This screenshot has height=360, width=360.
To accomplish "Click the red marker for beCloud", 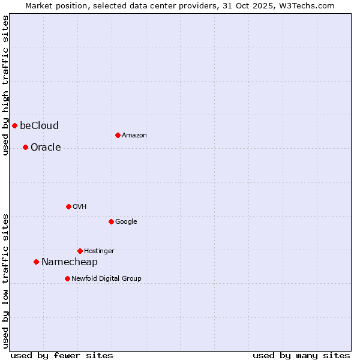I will click(14, 125).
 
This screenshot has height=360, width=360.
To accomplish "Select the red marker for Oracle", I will click(25, 147).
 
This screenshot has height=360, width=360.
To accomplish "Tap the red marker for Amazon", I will click(118, 135).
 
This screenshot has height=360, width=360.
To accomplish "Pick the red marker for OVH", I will click(68, 206).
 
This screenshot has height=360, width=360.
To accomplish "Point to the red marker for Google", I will click(111, 221).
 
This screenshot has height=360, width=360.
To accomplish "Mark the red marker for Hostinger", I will click(80, 251).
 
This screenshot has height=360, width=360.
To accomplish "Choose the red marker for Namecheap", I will click(36, 262).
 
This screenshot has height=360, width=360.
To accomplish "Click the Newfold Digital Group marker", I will click(67, 278).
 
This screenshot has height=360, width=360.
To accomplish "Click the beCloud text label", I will click(39, 125).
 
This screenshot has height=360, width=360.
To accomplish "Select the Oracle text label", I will click(46, 147).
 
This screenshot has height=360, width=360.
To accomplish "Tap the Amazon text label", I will click(134, 135).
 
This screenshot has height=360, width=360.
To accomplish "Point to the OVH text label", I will click(80, 206).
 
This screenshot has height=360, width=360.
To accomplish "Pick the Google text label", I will click(126, 221).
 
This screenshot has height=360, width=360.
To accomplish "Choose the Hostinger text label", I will click(99, 251).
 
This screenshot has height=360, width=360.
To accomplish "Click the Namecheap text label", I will click(69, 262).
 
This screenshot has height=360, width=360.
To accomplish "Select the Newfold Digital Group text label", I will click(106, 278).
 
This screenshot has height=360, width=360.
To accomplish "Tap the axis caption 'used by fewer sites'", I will click(62, 355).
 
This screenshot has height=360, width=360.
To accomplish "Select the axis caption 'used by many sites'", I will click(301, 355).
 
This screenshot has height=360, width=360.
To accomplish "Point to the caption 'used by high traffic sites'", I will click(5, 85).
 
